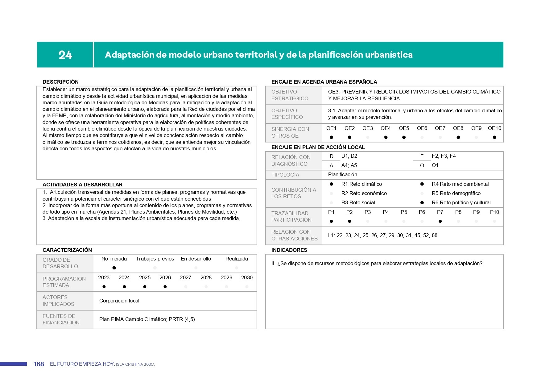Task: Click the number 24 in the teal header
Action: click(65, 55)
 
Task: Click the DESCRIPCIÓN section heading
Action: click(60, 82)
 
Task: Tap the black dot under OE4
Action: click(386, 137)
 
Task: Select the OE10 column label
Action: click(494, 128)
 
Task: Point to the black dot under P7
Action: click(440, 221)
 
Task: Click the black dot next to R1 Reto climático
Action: click(332, 184)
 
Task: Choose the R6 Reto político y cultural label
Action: click(461, 202)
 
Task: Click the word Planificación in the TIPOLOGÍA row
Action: click(342, 174)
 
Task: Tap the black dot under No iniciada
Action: click(114, 268)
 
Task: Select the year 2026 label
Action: click(165, 277)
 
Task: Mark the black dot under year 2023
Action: click(104, 287)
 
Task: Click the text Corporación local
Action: click(119, 301)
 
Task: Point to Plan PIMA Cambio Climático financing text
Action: click(147, 319)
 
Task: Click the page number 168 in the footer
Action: click(39, 364)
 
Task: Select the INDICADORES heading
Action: click(289, 250)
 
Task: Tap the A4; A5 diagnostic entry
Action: click(349, 165)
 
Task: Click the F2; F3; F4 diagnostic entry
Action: click(444, 156)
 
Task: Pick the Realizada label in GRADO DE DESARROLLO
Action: click(237, 259)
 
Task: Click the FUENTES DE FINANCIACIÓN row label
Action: click(61, 319)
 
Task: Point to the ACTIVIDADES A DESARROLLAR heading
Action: click(82, 185)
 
